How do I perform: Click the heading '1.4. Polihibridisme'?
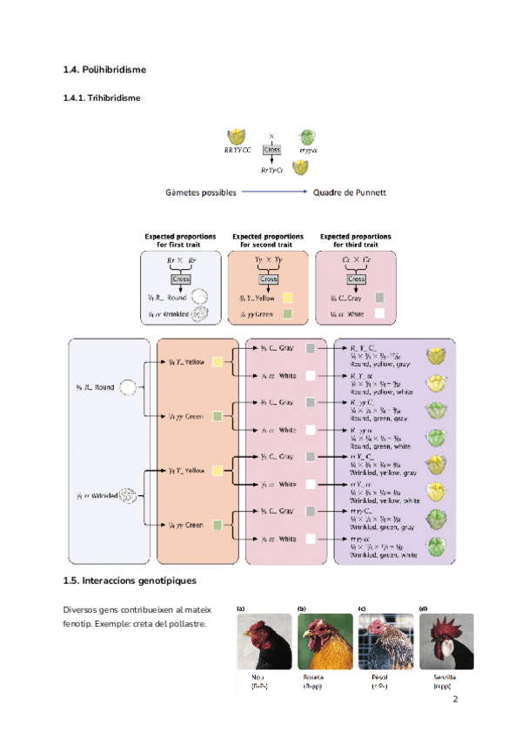pos(104,69)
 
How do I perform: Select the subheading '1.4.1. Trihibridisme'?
pos(102,97)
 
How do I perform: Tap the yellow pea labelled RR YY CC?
pos(234,137)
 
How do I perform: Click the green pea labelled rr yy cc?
pos(306,137)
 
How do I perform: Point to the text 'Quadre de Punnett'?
pos(349,191)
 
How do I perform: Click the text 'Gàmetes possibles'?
pos(201,191)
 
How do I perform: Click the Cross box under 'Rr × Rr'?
pos(181,279)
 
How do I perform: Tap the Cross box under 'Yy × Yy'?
pos(268,279)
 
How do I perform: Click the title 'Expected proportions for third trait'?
pos(355,240)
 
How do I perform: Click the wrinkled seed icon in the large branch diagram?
pos(128,496)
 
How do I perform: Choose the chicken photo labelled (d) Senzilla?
pos(446,641)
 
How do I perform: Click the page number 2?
pos(455,699)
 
